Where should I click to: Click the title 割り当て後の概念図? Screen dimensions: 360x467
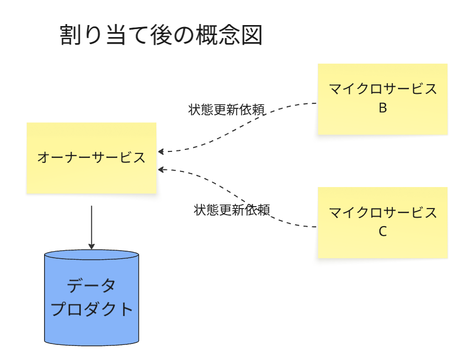161,36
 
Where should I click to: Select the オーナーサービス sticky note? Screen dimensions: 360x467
91,157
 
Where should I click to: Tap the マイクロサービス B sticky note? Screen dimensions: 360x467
382,99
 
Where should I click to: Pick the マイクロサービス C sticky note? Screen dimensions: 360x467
382,222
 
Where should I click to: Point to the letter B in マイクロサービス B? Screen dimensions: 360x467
382,108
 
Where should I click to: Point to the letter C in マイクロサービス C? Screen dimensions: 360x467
382,232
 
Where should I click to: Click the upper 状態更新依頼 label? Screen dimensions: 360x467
226,110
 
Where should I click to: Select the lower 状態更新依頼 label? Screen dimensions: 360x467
232,210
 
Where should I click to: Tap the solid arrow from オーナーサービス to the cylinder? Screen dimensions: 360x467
91,226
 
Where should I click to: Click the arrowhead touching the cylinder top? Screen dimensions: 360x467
91,246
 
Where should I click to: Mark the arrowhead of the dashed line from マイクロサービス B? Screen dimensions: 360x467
161,151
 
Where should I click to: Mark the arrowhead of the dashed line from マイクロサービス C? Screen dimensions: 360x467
161,169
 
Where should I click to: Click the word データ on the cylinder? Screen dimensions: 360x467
91,286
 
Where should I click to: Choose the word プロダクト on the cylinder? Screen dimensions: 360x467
92,309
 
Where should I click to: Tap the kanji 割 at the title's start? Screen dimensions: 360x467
71,36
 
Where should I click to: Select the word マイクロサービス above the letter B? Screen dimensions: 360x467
382,89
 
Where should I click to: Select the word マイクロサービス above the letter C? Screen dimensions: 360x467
382,213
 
